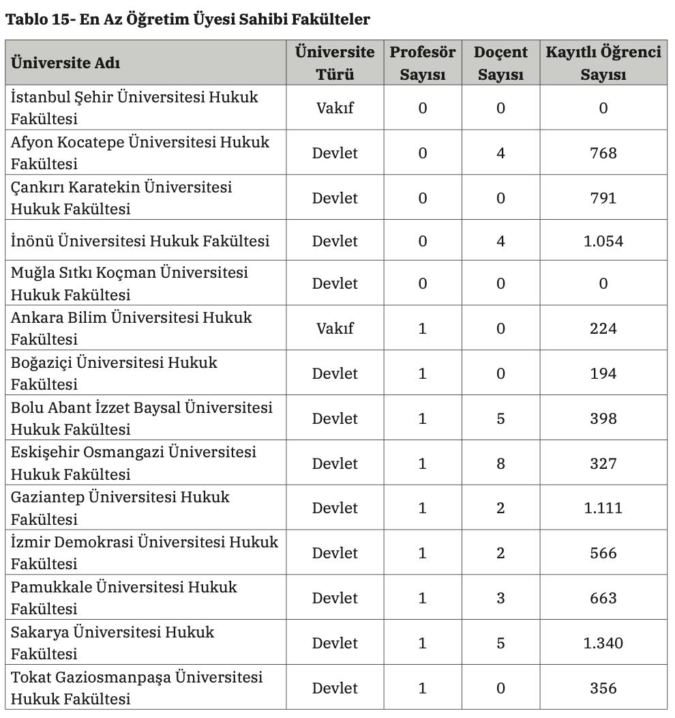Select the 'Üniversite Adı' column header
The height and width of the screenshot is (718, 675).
65,63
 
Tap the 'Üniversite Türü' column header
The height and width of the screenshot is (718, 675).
335,63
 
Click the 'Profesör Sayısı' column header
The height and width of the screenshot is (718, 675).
422,63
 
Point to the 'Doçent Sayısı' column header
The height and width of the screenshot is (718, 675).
500,63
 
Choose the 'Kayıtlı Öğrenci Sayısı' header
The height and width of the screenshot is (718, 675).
603,63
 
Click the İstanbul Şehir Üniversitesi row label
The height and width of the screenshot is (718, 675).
134,108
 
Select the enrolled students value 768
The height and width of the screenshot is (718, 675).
603,153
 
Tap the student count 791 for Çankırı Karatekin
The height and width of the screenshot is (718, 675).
603,198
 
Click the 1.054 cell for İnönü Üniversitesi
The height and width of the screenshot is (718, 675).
603,241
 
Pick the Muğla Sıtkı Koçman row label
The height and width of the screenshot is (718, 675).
130,283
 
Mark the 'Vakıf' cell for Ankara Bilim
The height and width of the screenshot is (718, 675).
335,328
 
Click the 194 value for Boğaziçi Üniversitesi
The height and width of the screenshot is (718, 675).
603,373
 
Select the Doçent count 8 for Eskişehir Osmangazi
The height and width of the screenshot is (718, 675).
500,463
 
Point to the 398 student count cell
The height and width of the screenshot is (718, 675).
603,418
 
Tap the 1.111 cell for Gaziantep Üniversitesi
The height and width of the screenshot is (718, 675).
603,508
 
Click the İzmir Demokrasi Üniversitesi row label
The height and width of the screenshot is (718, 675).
145,553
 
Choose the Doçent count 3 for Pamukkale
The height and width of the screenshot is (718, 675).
500,598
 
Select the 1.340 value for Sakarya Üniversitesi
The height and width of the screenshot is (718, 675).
603,643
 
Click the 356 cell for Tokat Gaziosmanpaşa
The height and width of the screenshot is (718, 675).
603,688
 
